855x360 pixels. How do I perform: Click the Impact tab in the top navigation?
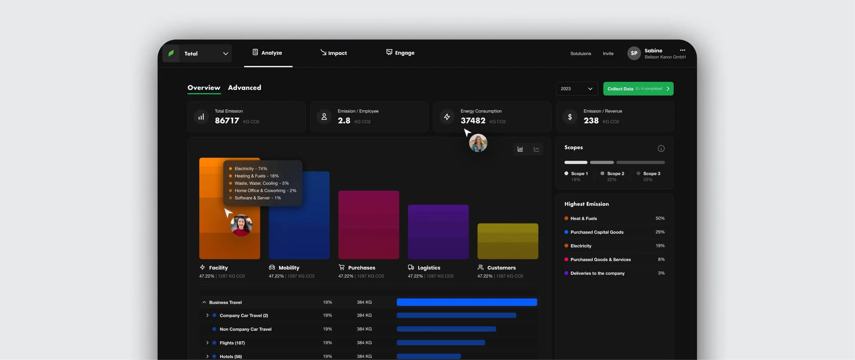pyautogui.click(x=334, y=53)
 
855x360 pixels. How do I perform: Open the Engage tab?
pyautogui.click(x=400, y=53)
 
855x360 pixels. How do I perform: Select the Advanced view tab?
pyautogui.click(x=244, y=88)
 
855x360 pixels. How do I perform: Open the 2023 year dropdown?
pyautogui.click(x=577, y=89)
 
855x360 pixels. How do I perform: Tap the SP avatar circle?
pyautogui.click(x=634, y=53)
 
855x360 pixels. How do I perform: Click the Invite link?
pyautogui.click(x=608, y=53)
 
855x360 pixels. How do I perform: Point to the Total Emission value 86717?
pyautogui.click(x=227, y=121)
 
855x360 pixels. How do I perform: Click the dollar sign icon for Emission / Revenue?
pyautogui.click(x=570, y=117)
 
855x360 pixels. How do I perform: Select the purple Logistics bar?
pyautogui.click(x=438, y=232)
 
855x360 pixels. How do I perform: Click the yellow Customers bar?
pyautogui.click(x=508, y=241)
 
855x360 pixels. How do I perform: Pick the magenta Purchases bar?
pyautogui.click(x=369, y=225)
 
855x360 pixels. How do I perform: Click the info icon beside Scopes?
pyautogui.click(x=661, y=148)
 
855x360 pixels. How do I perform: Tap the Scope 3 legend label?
pyautogui.click(x=651, y=174)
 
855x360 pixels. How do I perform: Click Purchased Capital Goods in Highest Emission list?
pyautogui.click(x=597, y=232)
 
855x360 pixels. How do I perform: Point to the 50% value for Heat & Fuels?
pyautogui.click(x=660, y=218)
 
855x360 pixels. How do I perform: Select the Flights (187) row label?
pyautogui.click(x=232, y=343)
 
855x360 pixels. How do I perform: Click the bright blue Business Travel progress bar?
pyautogui.click(x=466, y=302)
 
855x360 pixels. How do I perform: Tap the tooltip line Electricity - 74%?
pyautogui.click(x=251, y=169)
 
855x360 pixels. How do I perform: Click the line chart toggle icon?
pyautogui.click(x=537, y=149)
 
